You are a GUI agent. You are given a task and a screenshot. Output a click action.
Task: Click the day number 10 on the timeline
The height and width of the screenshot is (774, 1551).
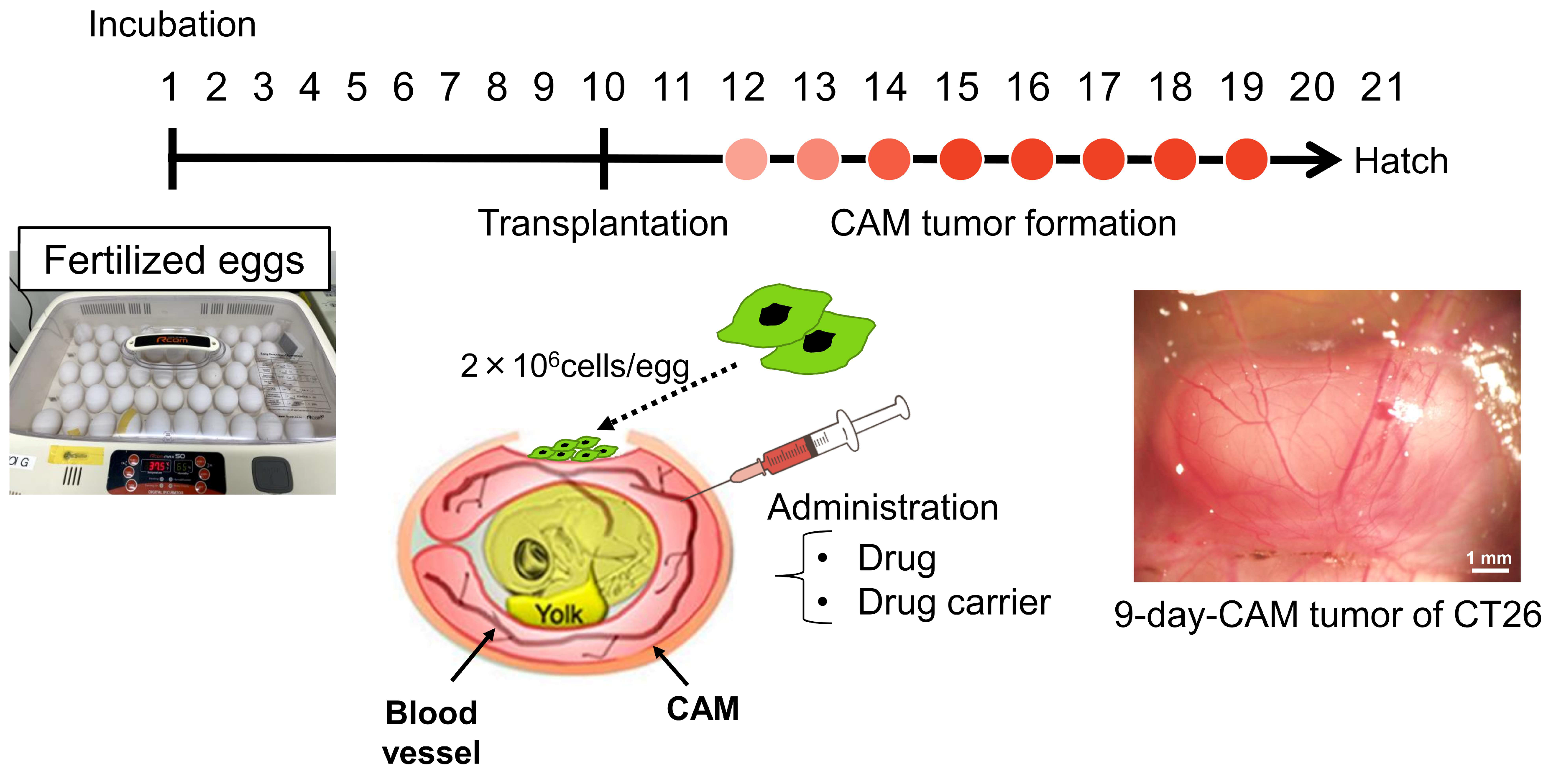(x=603, y=87)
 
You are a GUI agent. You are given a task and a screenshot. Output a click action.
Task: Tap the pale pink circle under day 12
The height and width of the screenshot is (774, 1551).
(x=746, y=159)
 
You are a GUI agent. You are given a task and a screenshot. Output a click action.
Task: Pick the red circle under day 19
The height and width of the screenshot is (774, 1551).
(x=1246, y=159)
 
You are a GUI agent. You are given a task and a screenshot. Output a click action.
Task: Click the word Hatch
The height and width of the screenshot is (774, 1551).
(x=1400, y=161)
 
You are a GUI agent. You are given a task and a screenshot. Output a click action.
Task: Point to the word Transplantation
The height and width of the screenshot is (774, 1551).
(x=603, y=223)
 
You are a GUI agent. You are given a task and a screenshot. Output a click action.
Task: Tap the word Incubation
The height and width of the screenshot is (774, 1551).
(x=172, y=25)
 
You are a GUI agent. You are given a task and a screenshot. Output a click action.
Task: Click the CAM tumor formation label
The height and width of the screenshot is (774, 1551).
(x=1002, y=223)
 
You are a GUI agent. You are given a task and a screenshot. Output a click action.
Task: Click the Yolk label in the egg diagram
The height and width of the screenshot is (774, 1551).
(x=558, y=614)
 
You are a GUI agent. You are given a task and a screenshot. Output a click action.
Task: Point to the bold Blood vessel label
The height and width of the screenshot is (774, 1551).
(x=431, y=732)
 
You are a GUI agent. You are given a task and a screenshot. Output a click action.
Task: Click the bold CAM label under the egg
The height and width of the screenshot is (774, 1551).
(x=702, y=708)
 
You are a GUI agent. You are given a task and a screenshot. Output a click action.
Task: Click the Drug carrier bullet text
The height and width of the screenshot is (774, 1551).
(x=954, y=602)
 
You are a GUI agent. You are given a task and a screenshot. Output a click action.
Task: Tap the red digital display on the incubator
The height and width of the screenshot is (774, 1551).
(x=157, y=466)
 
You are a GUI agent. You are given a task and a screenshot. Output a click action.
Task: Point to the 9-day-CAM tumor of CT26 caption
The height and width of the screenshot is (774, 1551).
(x=1327, y=615)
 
